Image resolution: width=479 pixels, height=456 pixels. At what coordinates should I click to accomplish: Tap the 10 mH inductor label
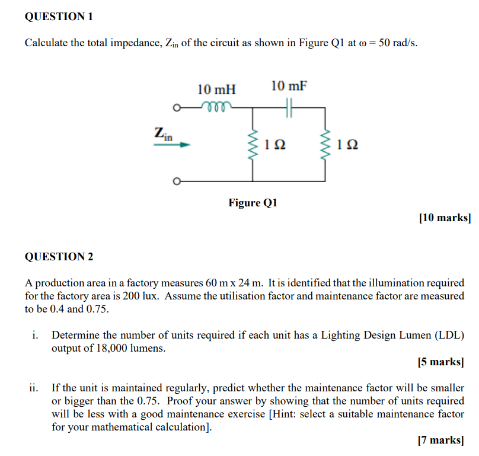[216, 90]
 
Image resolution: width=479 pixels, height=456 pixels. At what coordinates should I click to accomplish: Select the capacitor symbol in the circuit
[289, 108]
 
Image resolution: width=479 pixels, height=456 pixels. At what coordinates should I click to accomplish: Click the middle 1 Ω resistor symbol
[253, 144]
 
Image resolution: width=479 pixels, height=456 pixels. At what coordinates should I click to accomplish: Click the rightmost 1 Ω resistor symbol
[325, 144]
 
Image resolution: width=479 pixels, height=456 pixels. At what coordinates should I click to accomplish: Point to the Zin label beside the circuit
[163, 133]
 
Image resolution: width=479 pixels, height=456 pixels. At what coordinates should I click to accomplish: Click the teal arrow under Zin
[172, 144]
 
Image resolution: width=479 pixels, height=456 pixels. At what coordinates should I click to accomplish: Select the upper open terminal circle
[176, 108]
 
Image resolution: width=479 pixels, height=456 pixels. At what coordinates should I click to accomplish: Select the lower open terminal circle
[176, 181]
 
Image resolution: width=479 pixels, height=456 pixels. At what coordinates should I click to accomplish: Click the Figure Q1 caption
[253, 203]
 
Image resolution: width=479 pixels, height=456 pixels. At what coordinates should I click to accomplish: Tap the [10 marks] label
[445, 218]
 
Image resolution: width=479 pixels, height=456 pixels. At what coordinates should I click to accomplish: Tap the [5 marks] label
[440, 361]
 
